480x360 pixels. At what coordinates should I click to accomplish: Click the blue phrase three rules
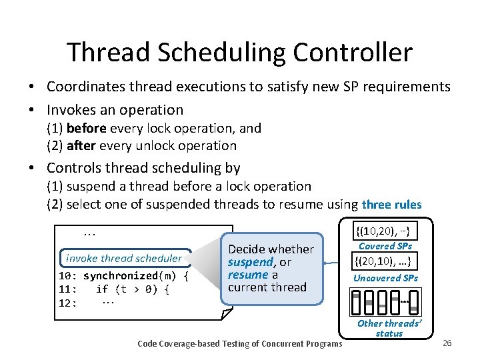tap(391, 204)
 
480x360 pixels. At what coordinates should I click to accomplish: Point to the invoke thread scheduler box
tap(123, 259)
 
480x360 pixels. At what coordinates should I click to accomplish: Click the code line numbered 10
tap(124, 275)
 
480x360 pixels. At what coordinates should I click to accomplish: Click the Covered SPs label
tap(386, 246)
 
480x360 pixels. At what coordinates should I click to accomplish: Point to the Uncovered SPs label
tap(386, 278)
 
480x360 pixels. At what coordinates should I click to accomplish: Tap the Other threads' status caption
tap(389, 328)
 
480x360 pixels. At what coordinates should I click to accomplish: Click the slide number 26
tap(447, 343)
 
